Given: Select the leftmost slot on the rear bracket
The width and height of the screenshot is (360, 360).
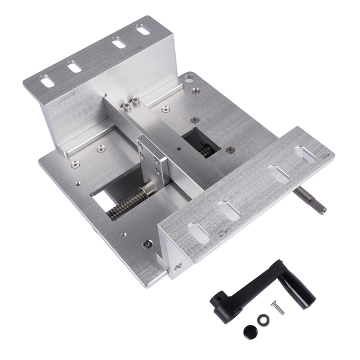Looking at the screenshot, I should pyautogui.click(x=47, y=80).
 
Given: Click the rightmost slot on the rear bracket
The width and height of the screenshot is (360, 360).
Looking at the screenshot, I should pyautogui.click(x=143, y=28).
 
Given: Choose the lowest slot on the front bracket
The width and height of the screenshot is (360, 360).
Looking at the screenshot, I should pyautogui.click(x=199, y=232).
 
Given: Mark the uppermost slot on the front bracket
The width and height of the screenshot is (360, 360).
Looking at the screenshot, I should pyautogui.click(x=307, y=155).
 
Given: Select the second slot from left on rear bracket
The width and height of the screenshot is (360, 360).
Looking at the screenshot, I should pyautogui.click(x=74, y=67).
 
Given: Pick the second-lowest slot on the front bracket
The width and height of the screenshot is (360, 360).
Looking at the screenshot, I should pyautogui.click(x=230, y=210).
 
